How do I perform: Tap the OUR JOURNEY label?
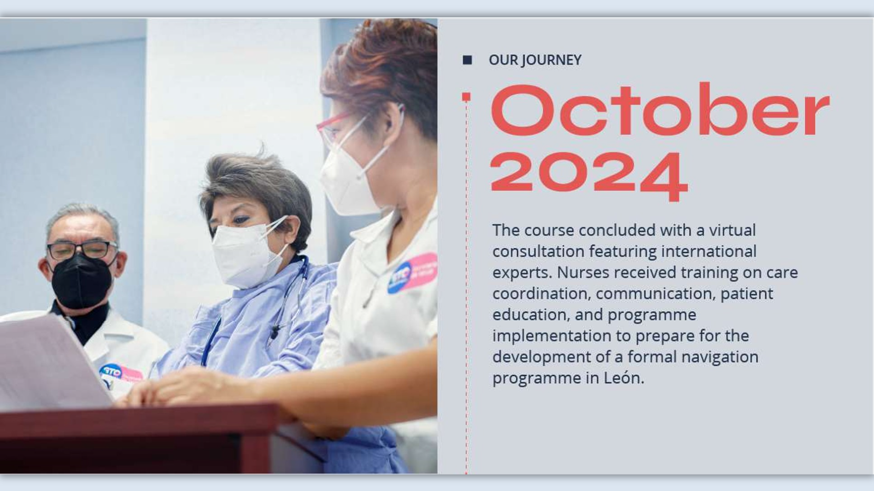tap(535, 60)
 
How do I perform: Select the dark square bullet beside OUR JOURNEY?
tap(467, 60)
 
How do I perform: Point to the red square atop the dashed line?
tap(466, 96)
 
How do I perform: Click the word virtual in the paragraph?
tap(732, 230)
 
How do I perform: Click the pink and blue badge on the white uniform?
tap(412, 273)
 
